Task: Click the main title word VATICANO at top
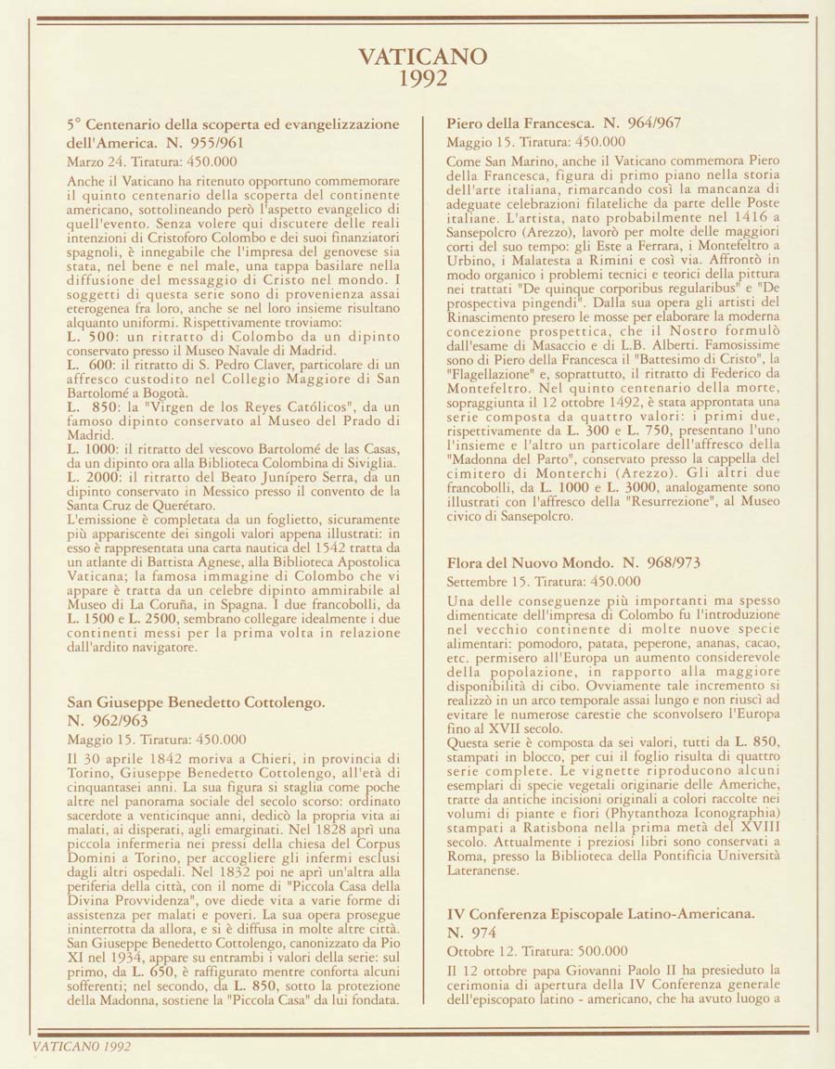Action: (x=422, y=58)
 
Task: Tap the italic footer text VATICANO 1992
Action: (x=81, y=1047)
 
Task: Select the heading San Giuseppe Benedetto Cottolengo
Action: (x=196, y=702)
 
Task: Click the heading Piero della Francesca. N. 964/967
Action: (x=564, y=123)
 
